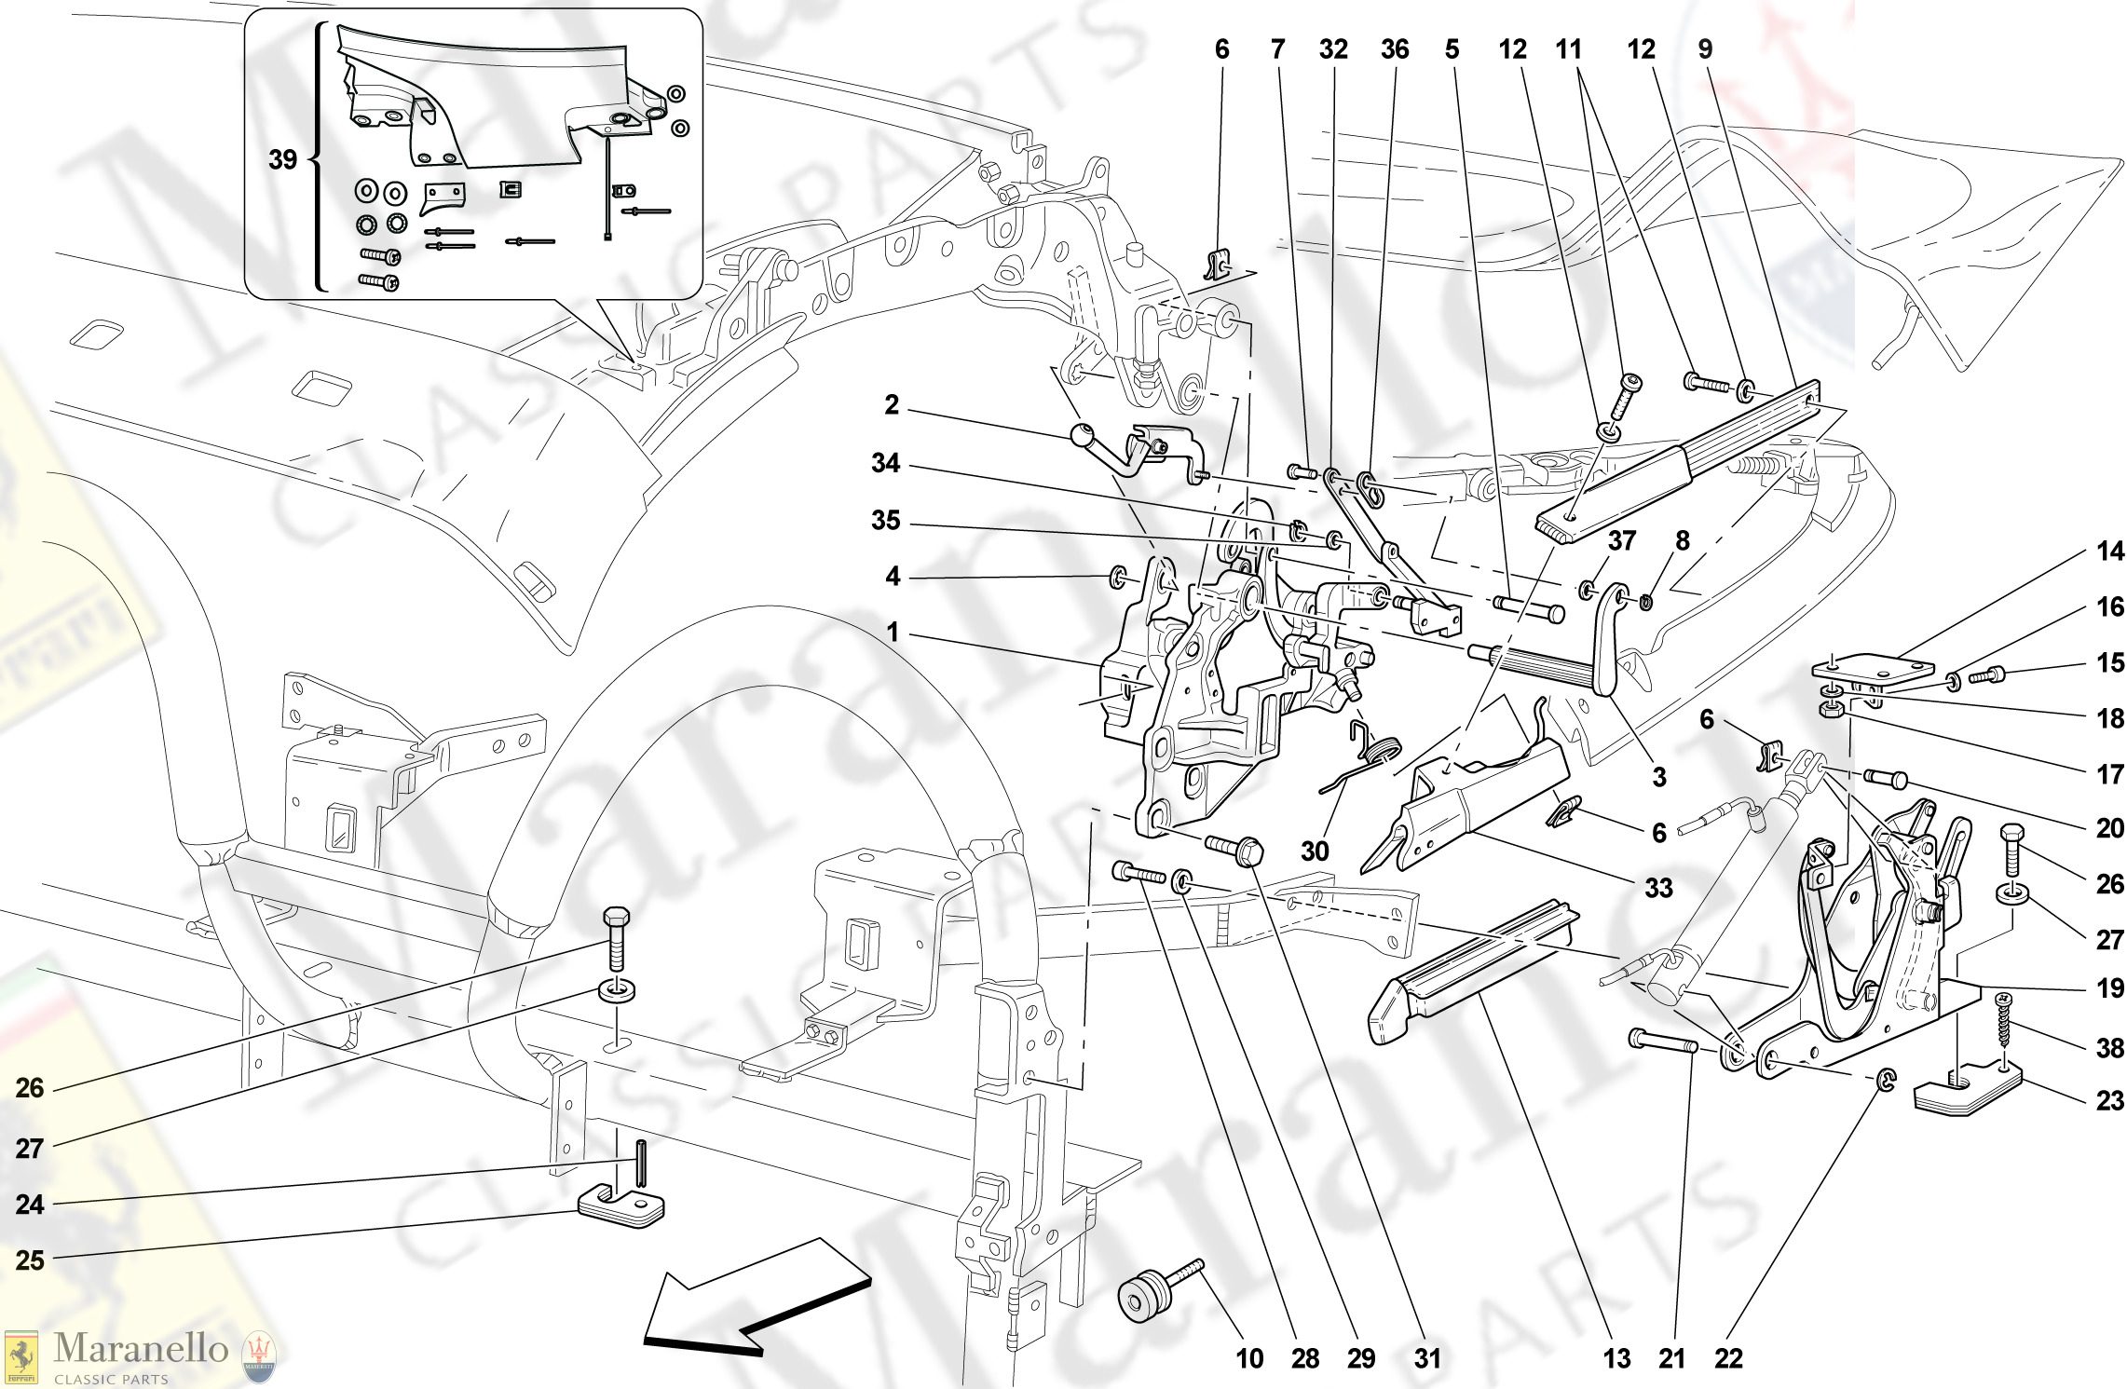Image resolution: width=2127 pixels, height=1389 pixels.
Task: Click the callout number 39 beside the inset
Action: (282, 160)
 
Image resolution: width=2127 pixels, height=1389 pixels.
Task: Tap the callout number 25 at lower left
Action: (30, 1260)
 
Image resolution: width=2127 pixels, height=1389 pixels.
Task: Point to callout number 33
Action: (1658, 888)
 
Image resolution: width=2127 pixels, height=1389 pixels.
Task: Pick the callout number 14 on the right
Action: (2109, 552)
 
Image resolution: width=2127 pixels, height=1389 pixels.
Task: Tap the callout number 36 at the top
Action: (1394, 49)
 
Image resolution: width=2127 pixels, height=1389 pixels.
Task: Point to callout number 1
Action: (892, 633)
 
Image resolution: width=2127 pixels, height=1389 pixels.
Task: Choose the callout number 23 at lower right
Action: (2109, 1101)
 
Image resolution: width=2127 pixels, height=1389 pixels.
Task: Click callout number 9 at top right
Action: (1704, 49)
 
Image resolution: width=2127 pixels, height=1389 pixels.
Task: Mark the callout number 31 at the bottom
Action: (1427, 1359)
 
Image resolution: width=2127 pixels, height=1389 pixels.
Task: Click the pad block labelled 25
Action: (621, 1206)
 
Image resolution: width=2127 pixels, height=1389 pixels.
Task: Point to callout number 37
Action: (1622, 540)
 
